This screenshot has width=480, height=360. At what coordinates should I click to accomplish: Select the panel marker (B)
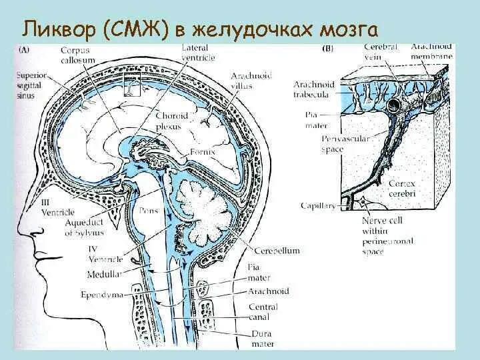(328, 49)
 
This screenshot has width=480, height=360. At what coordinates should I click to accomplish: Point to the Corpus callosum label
(74, 55)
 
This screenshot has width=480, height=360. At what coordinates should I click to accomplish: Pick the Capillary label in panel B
(317, 206)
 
